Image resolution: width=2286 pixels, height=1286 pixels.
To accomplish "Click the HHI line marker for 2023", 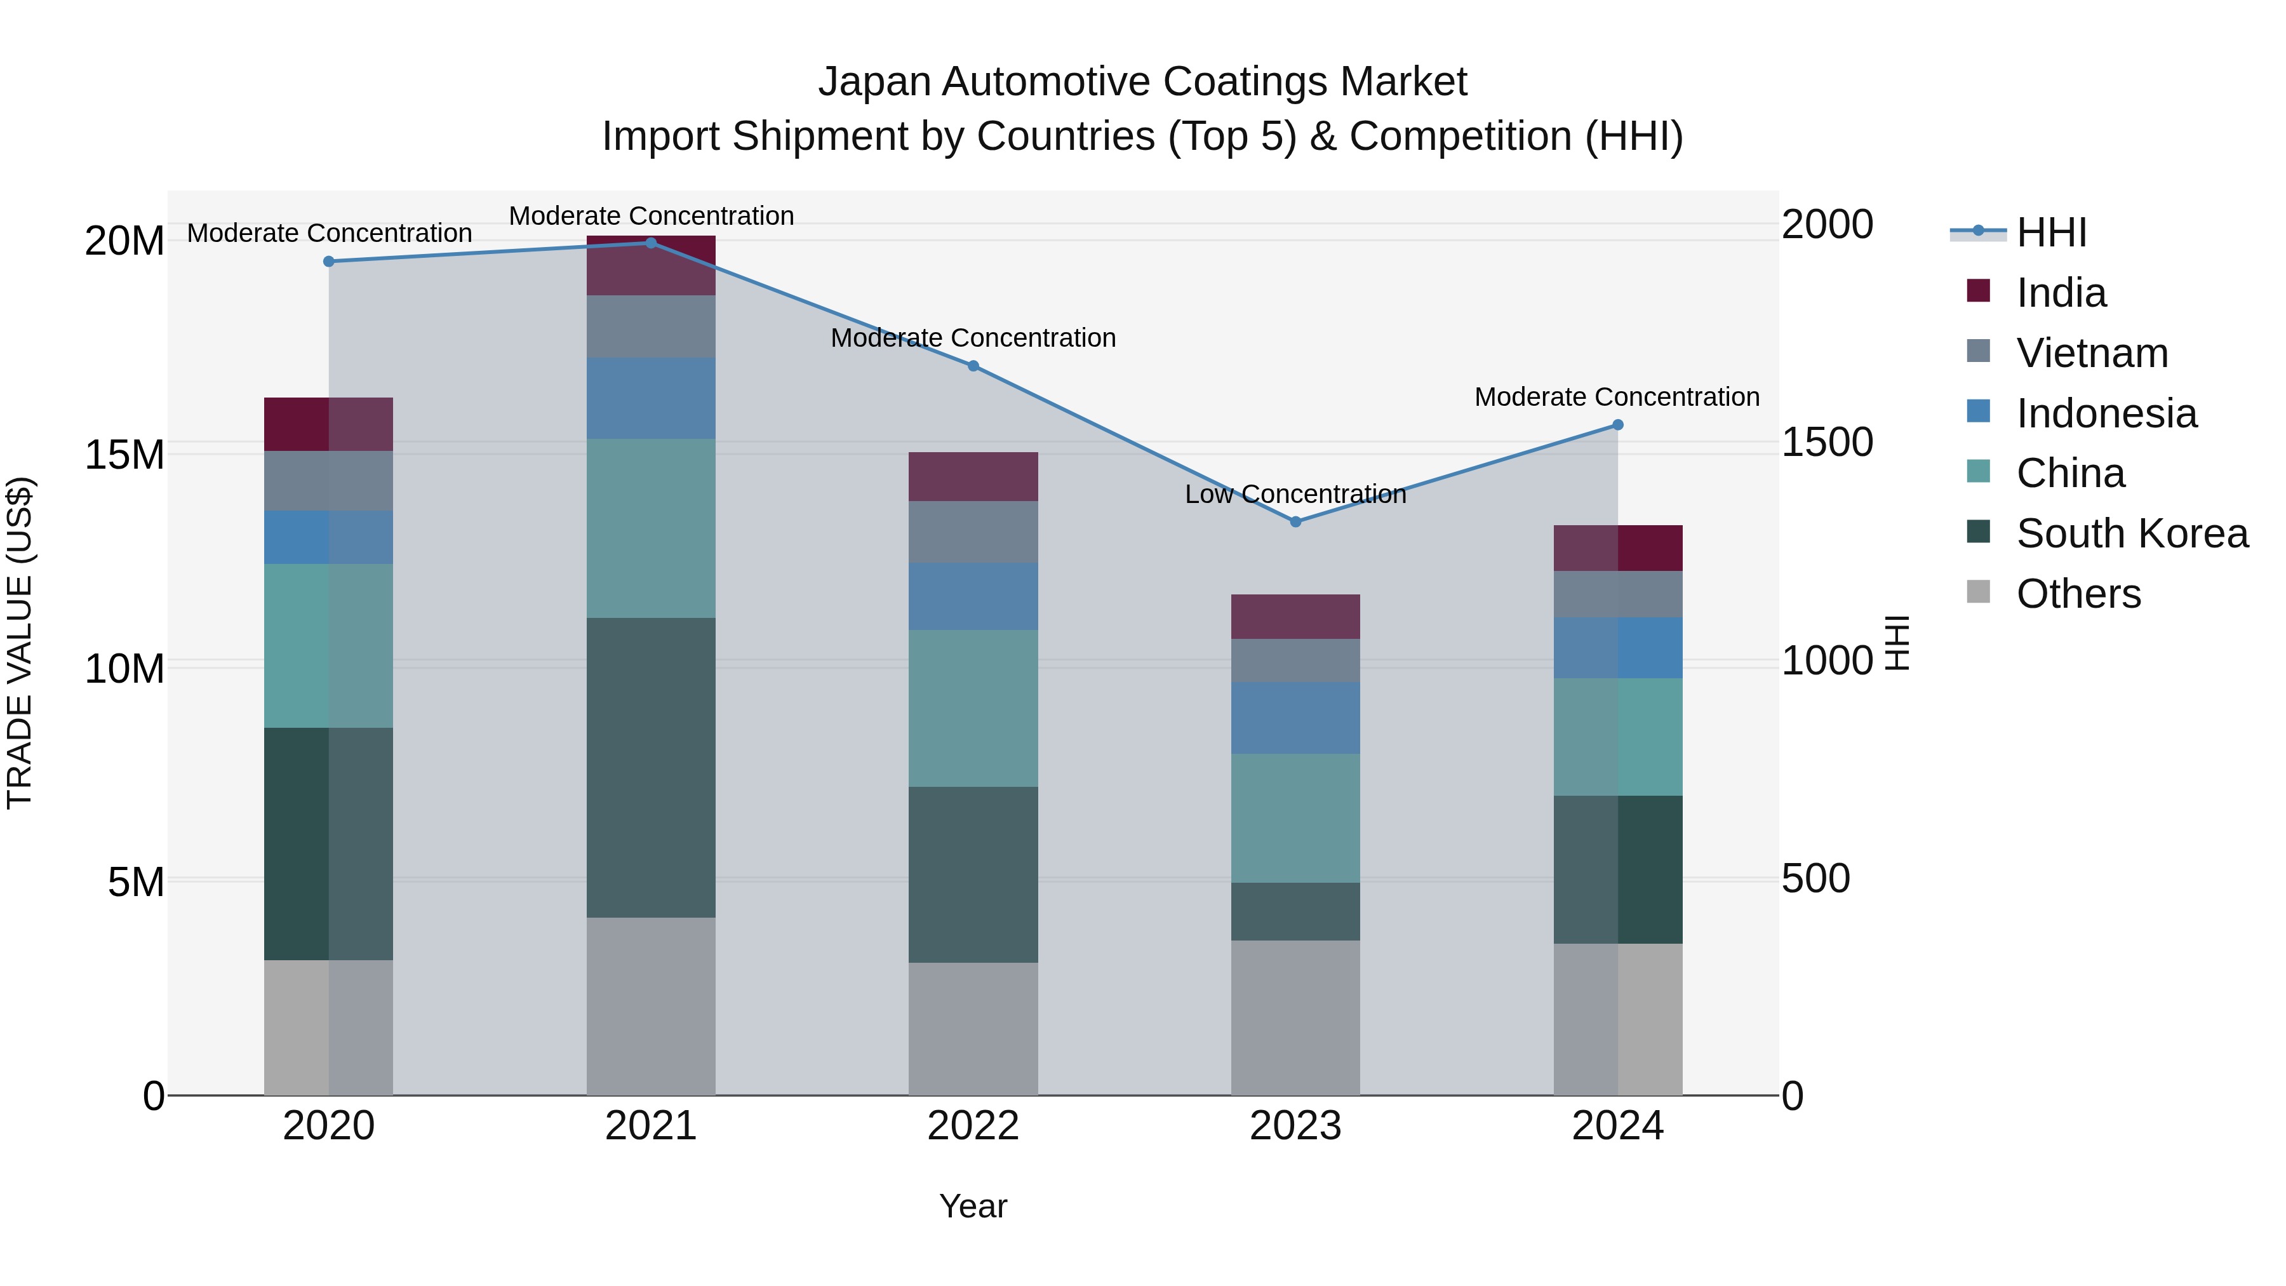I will coord(1295,522).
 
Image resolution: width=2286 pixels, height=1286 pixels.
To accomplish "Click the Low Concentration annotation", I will coord(1295,494).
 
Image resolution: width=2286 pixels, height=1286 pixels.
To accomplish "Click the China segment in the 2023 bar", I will coord(1295,819).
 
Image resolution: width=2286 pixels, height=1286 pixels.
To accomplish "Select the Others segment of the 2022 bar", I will coord(973,1029).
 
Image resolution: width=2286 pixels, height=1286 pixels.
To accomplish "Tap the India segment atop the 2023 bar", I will coord(1295,617).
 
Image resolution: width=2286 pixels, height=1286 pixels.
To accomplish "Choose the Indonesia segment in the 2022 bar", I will coord(973,596).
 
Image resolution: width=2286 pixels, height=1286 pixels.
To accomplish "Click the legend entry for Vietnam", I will coord(2092,353).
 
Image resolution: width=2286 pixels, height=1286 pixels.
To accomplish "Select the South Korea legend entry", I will coord(2132,533).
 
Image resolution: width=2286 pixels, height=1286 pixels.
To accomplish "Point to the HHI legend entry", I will coord(2051,232).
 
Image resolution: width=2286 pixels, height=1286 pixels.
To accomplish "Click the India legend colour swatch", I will coord(1978,290).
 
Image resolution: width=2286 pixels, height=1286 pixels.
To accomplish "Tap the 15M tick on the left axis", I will coord(125,455).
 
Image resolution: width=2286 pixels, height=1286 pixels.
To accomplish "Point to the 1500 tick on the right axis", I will coord(1827,442).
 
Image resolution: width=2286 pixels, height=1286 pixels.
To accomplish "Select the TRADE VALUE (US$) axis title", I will coord(20,643).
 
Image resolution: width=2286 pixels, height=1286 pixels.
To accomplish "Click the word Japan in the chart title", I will coord(874,82).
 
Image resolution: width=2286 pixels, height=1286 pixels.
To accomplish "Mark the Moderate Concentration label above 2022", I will coord(973,338).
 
